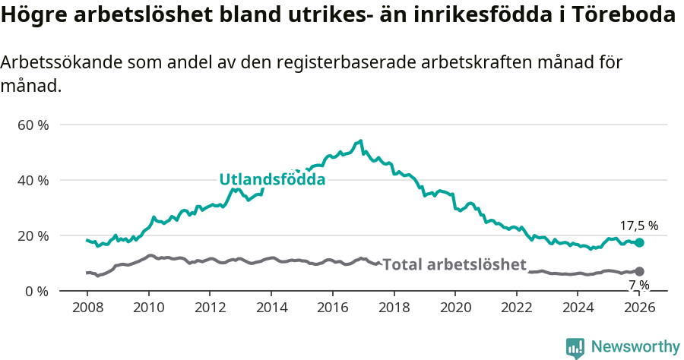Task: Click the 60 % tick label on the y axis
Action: click(33, 125)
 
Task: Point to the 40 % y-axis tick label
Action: click(33, 180)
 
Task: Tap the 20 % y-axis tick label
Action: click(33, 235)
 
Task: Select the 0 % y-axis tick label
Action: click(36, 291)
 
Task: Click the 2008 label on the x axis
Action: click(87, 308)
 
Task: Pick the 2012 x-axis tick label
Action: click(210, 308)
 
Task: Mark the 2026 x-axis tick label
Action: click(640, 308)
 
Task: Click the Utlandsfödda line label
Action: click(272, 180)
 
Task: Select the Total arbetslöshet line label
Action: click(454, 264)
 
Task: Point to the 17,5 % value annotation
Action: click(639, 226)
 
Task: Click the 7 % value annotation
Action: click(639, 285)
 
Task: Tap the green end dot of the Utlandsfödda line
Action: click(640, 242)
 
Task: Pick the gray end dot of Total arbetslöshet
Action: click(640, 271)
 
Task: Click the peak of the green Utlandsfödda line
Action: click(361, 141)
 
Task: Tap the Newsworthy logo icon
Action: click(575, 347)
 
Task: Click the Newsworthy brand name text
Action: click(635, 347)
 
